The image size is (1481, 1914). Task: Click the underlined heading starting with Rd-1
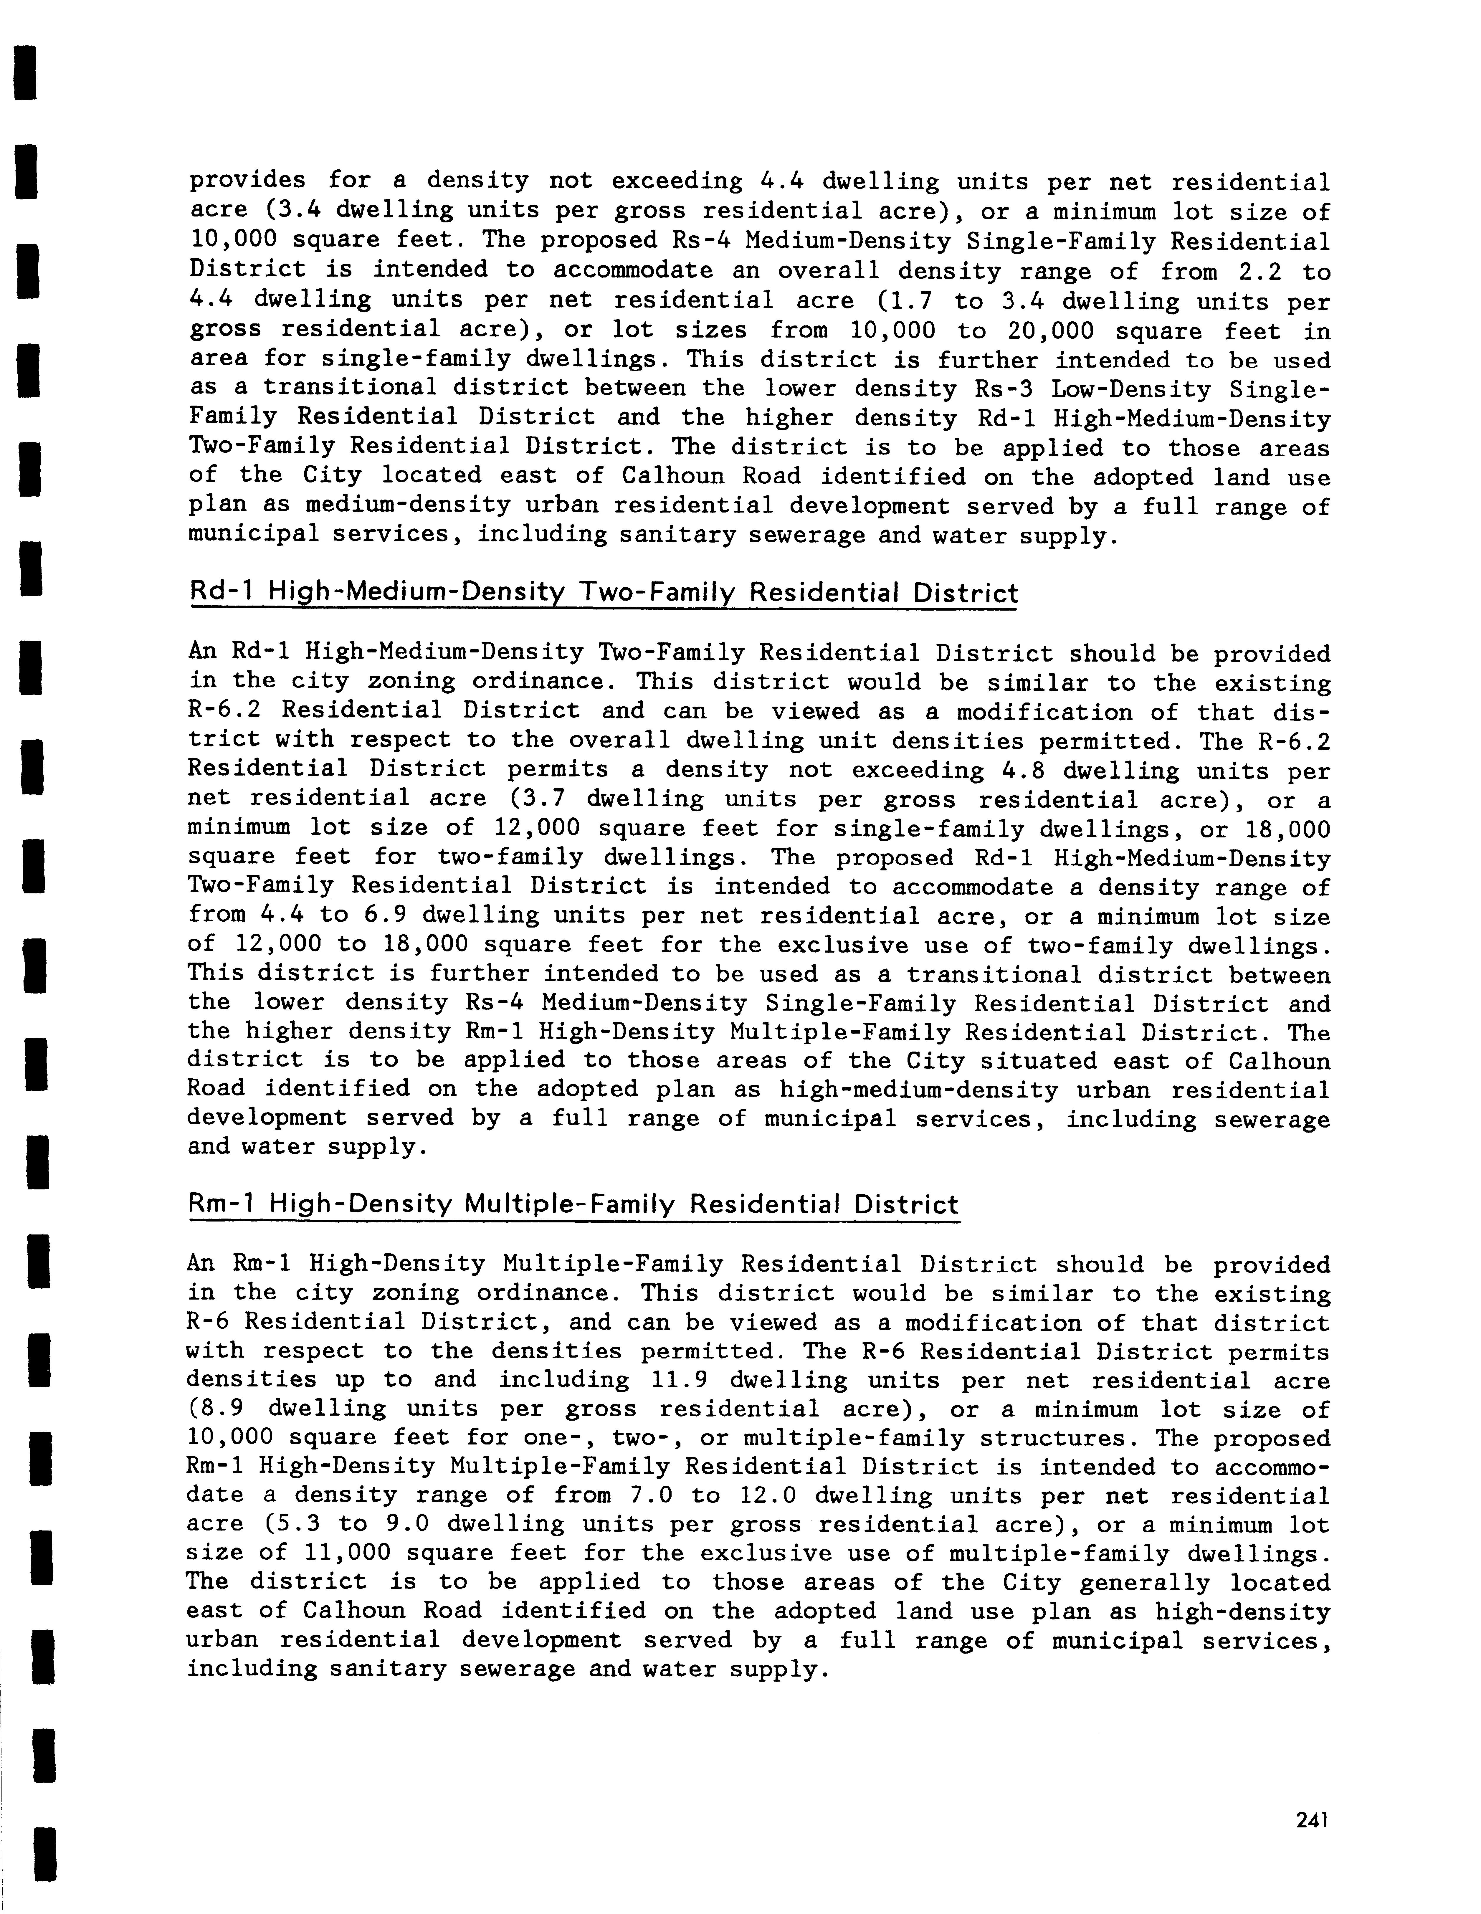603,593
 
